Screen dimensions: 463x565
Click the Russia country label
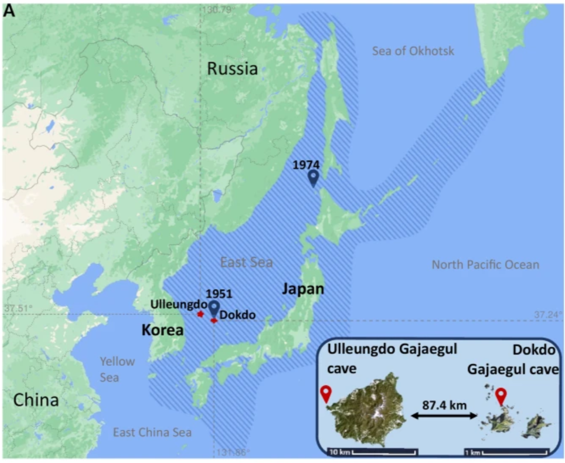232,69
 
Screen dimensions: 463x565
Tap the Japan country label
303,289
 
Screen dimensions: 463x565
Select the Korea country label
163,329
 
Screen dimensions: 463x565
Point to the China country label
36,400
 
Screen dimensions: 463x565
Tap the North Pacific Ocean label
485,265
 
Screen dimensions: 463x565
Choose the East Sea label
246,262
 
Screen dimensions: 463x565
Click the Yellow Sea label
117,369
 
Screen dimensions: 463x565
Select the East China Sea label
152,433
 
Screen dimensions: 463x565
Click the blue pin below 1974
313,179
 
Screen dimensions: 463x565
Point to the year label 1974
307,165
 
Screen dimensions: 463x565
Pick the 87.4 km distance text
444,405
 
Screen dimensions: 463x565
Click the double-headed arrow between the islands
444,414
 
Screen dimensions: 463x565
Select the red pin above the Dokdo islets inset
500,396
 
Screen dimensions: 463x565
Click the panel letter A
9,11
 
